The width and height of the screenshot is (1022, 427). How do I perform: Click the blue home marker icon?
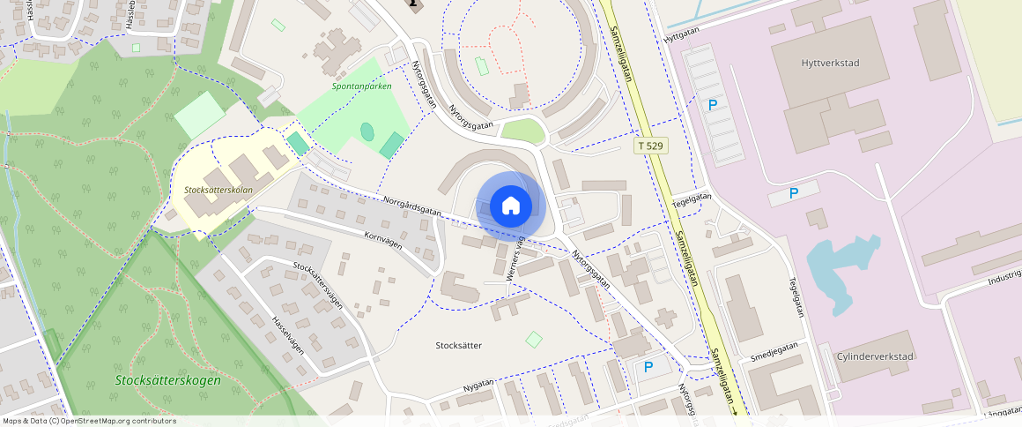point(510,206)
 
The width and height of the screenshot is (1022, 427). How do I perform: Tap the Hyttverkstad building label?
point(830,64)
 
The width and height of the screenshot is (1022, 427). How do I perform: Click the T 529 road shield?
point(650,144)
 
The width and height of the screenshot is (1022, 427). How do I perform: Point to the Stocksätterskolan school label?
point(218,190)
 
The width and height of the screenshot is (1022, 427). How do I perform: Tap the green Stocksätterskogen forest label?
point(167,380)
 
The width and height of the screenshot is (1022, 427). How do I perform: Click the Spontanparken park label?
point(361,86)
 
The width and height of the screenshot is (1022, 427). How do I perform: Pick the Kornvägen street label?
point(382,240)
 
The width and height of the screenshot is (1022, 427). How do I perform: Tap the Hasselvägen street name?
point(288,335)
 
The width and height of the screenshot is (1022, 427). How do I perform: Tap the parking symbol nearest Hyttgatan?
point(713,105)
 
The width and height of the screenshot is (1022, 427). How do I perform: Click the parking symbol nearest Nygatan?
point(648,367)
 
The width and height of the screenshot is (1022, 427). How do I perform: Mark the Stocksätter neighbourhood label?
point(459,345)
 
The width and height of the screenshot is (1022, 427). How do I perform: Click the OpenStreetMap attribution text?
point(90,421)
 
